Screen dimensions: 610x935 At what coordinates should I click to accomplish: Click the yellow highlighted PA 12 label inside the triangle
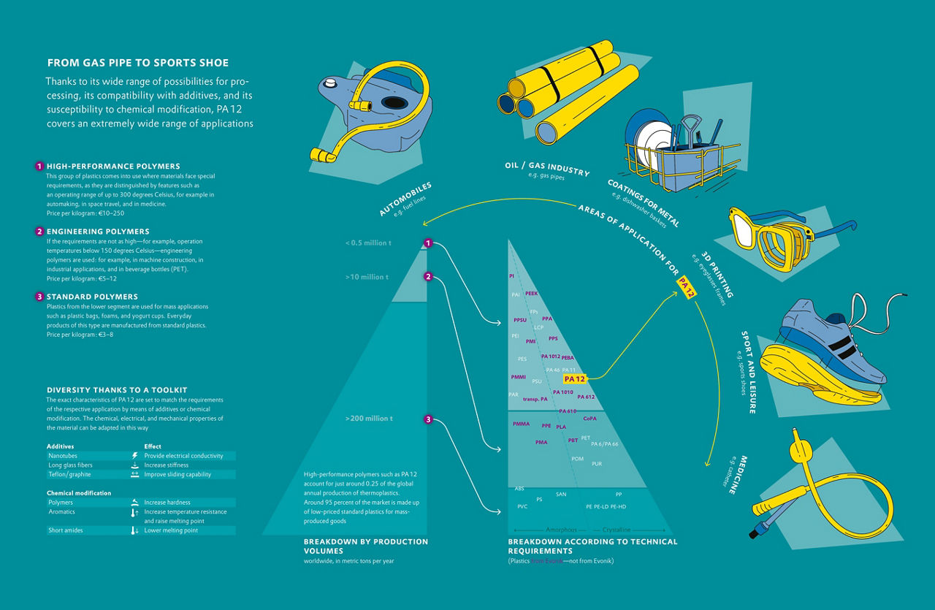point(575,378)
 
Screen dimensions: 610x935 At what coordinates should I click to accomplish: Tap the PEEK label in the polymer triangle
point(531,293)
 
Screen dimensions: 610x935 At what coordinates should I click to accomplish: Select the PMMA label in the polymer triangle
point(521,424)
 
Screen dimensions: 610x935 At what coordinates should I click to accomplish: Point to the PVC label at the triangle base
point(522,506)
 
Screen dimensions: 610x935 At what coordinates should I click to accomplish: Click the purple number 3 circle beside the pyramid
point(429,419)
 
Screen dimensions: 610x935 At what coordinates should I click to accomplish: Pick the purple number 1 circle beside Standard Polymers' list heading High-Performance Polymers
point(39,167)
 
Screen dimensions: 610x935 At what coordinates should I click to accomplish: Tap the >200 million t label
point(369,419)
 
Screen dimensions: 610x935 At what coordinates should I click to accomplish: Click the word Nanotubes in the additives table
point(62,456)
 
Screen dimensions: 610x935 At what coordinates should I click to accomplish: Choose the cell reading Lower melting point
point(171,530)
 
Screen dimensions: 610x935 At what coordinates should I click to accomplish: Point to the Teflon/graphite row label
point(69,474)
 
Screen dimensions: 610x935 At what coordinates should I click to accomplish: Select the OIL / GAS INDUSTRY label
point(546,169)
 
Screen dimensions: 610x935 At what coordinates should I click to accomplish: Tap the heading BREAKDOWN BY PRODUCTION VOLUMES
point(366,546)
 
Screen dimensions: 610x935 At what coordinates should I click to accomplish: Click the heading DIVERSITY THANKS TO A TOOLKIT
point(117,390)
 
